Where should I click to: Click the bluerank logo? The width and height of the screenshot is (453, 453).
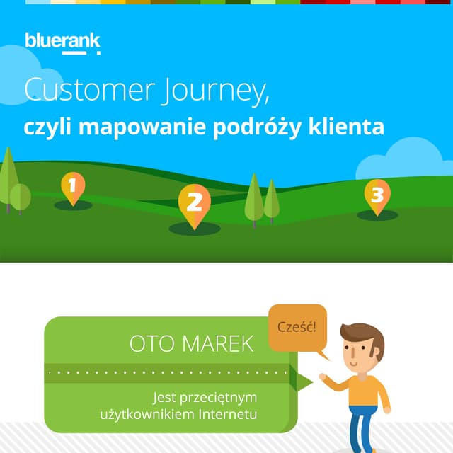pos(62,42)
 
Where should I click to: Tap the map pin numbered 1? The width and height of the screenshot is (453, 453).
pos(72,187)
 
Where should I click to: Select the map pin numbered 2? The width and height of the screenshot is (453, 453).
pos(194,203)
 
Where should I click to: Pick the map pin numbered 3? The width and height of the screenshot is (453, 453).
pos(377,194)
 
